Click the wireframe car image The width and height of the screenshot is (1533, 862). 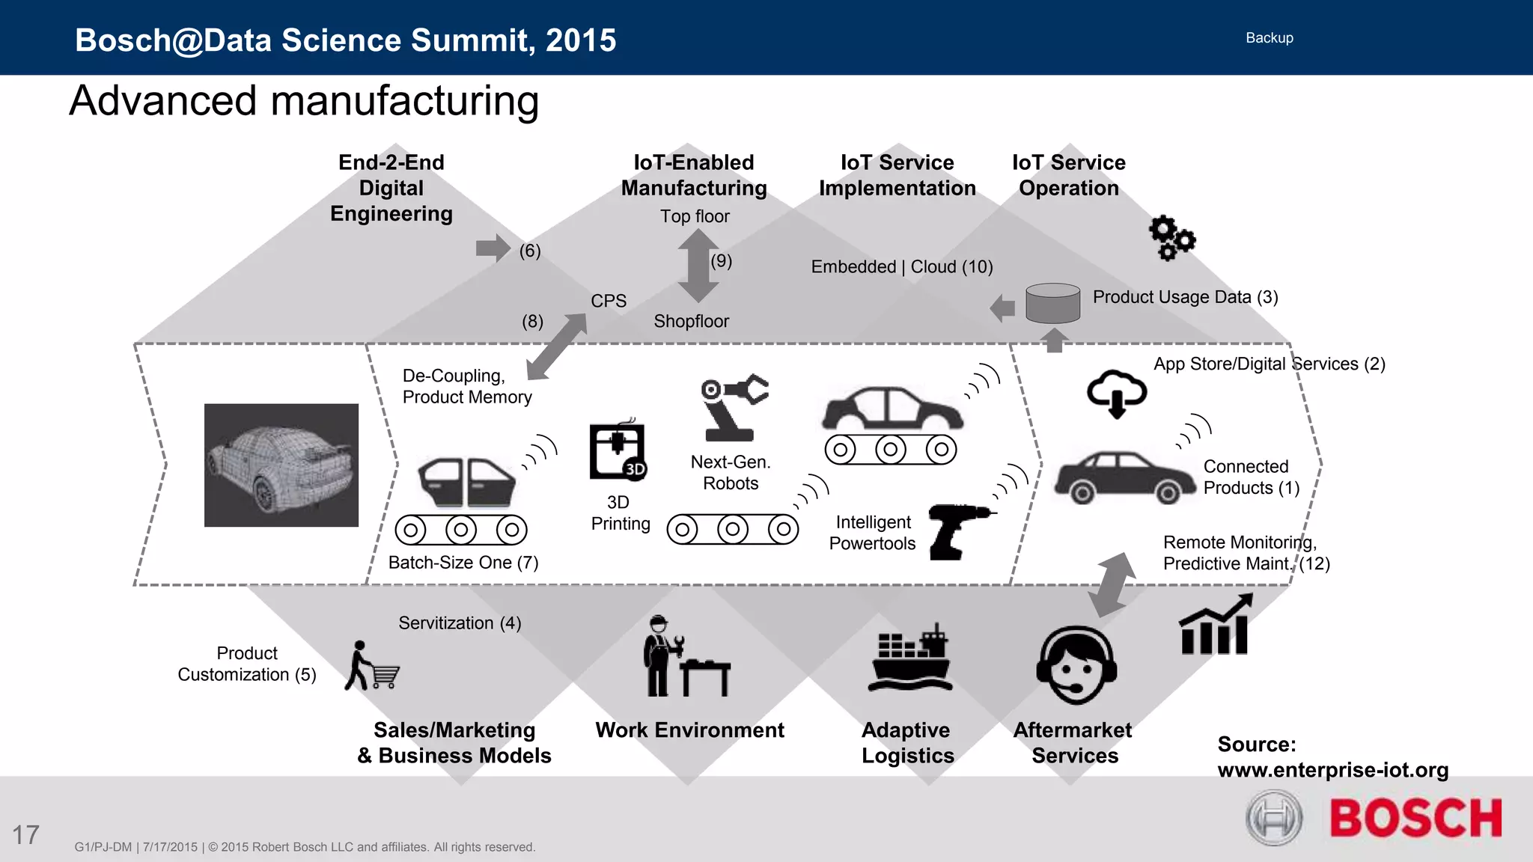pyautogui.click(x=281, y=465)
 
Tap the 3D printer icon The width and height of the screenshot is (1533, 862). pyautogui.click(x=618, y=451)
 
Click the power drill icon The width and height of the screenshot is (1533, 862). pyautogui.click(x=959, y=531)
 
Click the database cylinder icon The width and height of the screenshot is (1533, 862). pyautogui.click(x=1052, y=303)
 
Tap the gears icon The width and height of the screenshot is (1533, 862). pyautogui.click(x=1171, y=238)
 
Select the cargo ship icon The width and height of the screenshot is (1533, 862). pyautogui.click(x=910, y=658)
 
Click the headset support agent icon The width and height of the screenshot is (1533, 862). pyautogui.click(x=1076, y=665)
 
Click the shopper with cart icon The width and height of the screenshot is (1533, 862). pyautogui.click(x=371, y=666)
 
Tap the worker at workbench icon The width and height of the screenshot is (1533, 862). pyautogui.click(x=683, y=657)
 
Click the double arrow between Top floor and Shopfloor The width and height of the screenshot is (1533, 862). pyautogui.click(x=698, y=265)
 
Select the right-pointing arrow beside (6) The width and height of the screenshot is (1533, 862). pyautogui.click(x=493, y=248)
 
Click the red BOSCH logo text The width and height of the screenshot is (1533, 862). pyautogui.click(x=1415, y=818)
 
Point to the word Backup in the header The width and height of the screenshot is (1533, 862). pyautogui.click(x=1269, y=38)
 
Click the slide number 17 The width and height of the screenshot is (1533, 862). pyautogui.click(x=25, y=835)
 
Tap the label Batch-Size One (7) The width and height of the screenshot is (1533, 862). pyautogui.click(x=463, y=563)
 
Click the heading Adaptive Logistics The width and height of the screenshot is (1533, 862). pyautogui.click(x=907, y=742)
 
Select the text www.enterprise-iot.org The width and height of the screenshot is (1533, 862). pyautogui.click(x=1332, y=770)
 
